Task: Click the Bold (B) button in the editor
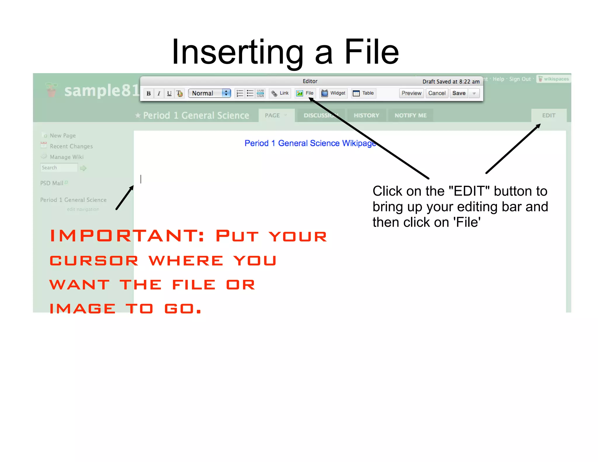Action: click(149, 93)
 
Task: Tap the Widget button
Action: click(333, 93)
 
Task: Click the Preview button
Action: click(411, 93)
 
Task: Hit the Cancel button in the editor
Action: click(437, 93)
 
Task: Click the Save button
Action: click(459, 93)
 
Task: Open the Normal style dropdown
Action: click(209, 93)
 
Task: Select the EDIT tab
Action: click(548, 115)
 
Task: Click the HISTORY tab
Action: click(366, 115)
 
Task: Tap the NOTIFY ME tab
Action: click(410, 115)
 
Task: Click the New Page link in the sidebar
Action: click(62, 136)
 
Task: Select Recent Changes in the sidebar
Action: click(71, 146)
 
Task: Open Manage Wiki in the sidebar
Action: click(67, 157)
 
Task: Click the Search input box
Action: click(59, 168)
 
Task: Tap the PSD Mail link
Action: click(52, 183)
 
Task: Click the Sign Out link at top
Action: click(520, 79)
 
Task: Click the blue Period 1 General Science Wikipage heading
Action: click(310, 143)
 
